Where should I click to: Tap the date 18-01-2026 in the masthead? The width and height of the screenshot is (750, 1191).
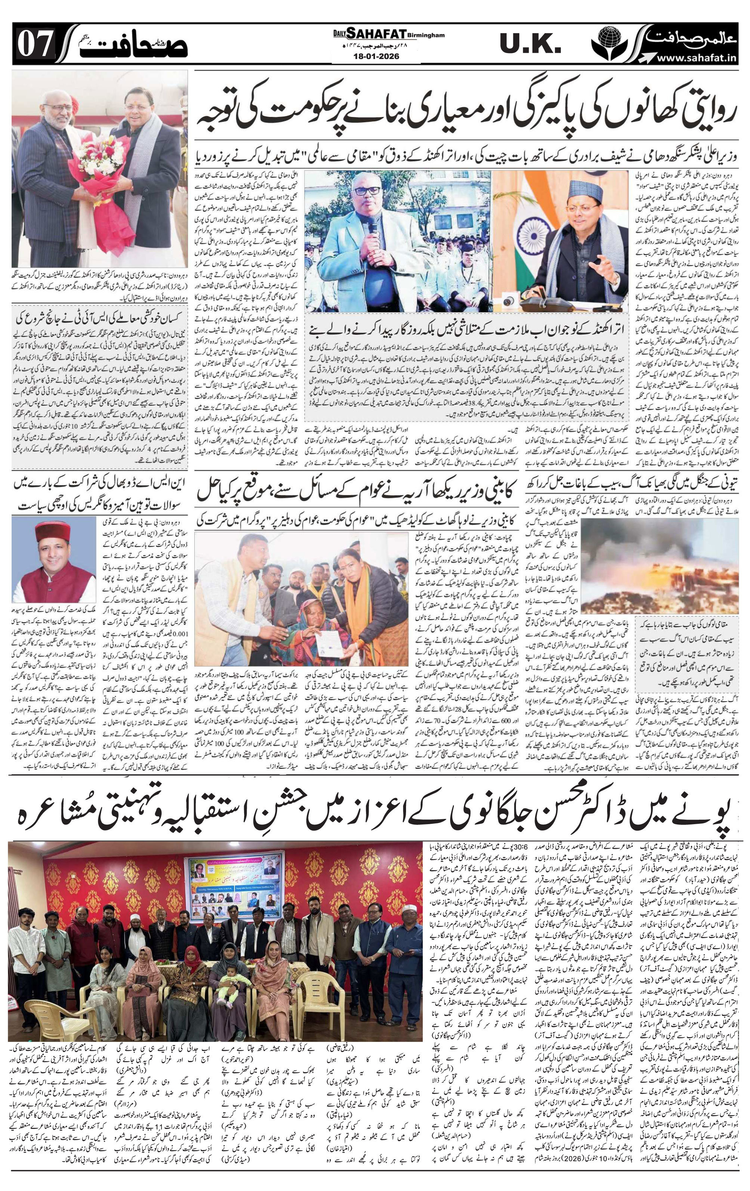(x=376, y=56)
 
